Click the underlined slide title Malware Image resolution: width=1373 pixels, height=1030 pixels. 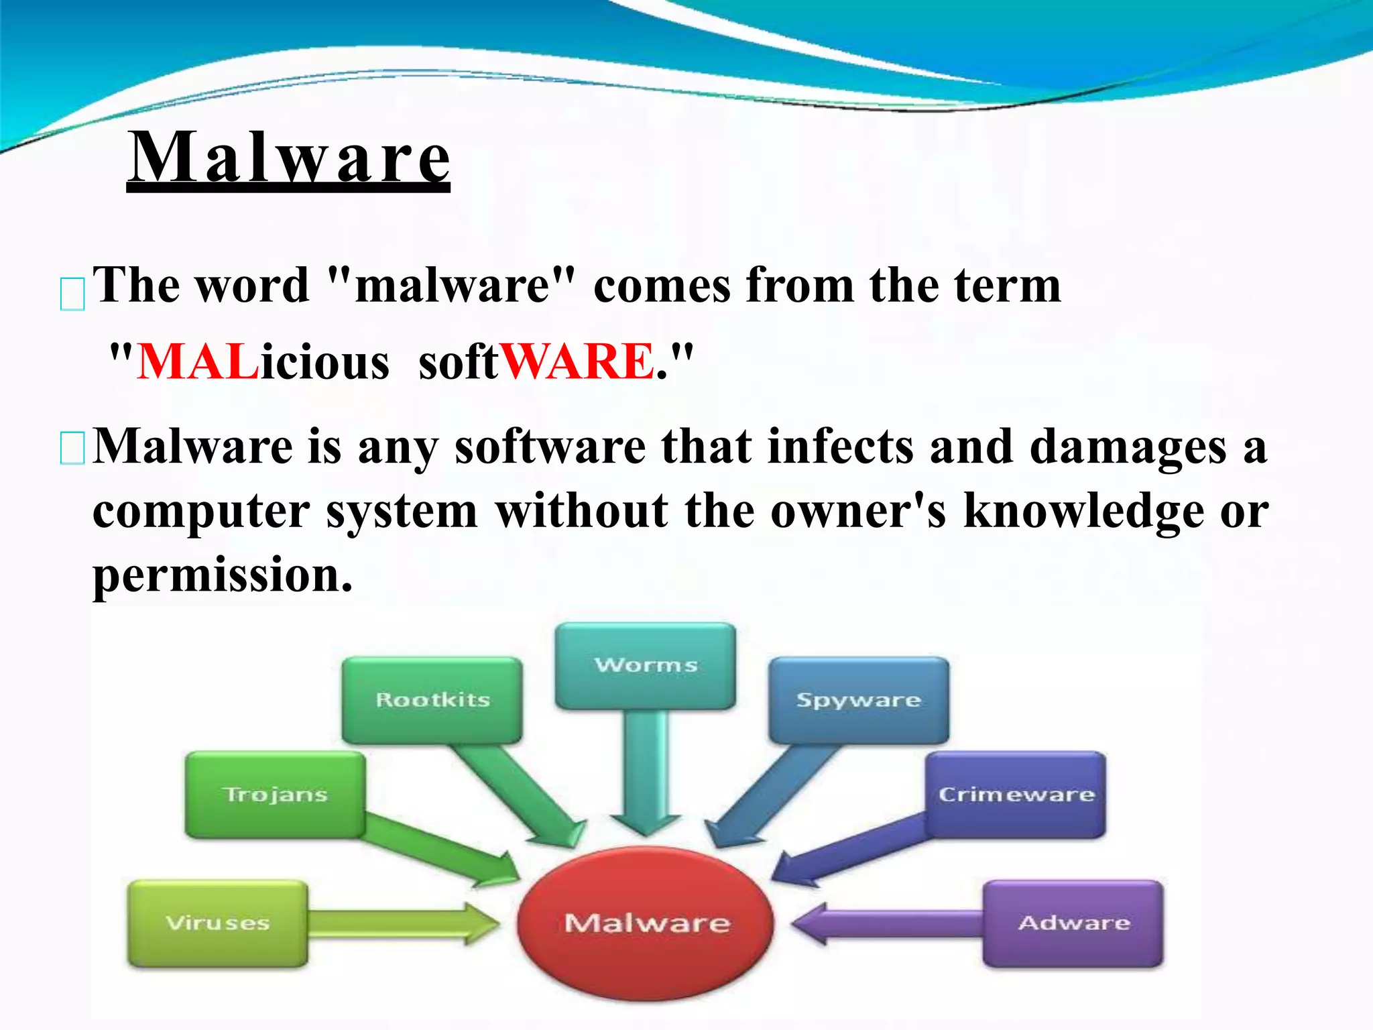tap(288, 158)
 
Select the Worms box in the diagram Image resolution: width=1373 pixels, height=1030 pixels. tap(646, 665)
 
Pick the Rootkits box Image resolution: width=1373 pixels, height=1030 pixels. tap(432, 699)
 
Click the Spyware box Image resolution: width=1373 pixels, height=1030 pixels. tap(859, 699)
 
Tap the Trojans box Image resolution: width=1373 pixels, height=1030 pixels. tap(276, 794)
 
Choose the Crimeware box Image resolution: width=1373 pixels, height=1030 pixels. tap(1016, 794)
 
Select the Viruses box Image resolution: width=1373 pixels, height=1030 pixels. tap(218, 923)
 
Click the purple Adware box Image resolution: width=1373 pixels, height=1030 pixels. tap(1073, 923)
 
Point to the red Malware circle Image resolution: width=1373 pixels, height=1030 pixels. tap(646, 923)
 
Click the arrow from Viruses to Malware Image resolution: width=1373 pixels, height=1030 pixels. tap(402, 923)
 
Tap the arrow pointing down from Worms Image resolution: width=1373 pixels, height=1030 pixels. tap(646, 771)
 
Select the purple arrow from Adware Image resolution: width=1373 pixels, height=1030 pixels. tap(885, 923)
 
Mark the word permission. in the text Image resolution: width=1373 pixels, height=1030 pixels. tap(222, 575)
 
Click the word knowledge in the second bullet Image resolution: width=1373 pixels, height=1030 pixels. tap(1083, 511)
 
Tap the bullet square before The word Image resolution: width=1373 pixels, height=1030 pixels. tap(72, 294)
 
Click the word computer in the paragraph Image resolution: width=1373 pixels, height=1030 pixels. tap(201, 511)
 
